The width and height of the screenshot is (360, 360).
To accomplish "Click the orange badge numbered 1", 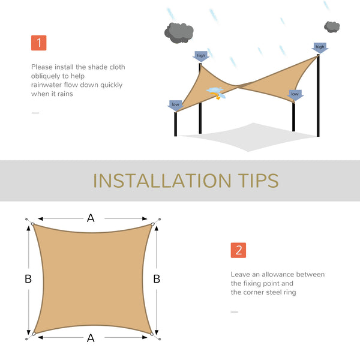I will click(38, 43).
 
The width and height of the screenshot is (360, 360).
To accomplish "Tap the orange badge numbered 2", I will click(238, 250).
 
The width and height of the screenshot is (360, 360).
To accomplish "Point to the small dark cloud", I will click(332, 26).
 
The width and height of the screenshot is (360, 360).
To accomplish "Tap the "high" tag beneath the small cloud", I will click(320, 47).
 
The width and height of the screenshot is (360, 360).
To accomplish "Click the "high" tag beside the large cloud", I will click(200, 56).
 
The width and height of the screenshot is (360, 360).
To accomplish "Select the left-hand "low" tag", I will click(175, 104).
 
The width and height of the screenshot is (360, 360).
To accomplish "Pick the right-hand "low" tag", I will click(295, 94).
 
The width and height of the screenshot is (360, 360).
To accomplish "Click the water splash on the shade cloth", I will click(215, 92).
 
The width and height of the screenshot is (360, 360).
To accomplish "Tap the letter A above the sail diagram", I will click(91, 218).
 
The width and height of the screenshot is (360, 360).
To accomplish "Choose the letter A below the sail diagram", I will click(91, 338).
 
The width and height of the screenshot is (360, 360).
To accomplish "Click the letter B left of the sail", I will click(28, 278).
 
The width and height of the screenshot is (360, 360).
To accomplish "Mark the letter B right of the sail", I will click(157, 278).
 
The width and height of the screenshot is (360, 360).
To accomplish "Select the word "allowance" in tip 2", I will click(272, 274).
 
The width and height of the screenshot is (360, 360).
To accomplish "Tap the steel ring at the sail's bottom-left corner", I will click(34, 333).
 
